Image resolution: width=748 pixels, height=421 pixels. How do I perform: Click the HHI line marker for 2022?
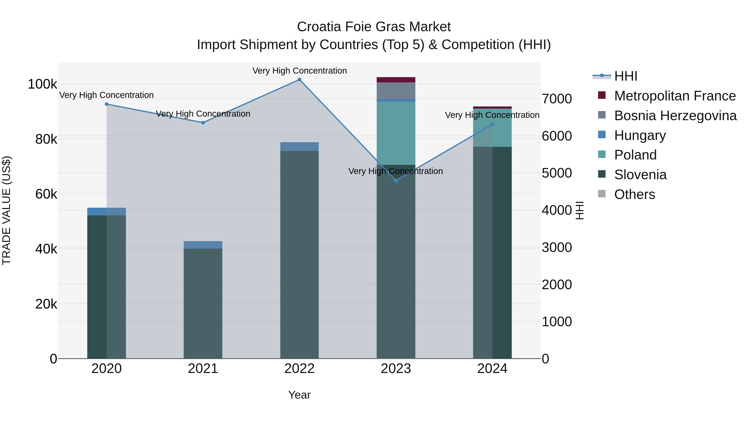[x=299, y=80]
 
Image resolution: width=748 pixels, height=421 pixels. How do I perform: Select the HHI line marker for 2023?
[x=396, y=180]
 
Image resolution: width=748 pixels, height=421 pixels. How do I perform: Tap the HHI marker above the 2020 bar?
[x=107, y=104]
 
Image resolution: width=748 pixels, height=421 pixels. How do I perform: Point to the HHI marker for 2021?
[x=203, y=123]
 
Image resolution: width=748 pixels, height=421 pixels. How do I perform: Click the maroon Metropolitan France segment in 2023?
[x=396, y=80]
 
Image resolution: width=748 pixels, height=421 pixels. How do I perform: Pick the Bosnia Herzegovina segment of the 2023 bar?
[x=396, y=91]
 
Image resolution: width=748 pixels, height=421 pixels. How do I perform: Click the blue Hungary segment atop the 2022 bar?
[x=299, y=146]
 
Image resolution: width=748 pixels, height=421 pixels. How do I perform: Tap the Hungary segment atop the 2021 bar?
[x=203, y=245]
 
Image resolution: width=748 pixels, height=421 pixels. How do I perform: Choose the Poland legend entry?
[x=635, y=155]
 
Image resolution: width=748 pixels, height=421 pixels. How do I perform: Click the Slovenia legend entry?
[x=640, y=175]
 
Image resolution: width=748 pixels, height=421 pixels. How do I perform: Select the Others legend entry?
[x=635, y=194]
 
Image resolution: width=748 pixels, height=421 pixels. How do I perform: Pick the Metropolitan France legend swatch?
[x=602, y=95]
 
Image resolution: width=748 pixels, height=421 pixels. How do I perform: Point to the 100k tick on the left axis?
[x=42, y=84]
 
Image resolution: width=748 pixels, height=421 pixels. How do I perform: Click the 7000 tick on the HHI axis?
[x=557, y=99]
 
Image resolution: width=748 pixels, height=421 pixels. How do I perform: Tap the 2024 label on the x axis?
[x=492, y=369]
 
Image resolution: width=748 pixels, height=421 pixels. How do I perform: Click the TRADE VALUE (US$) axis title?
[x=6, y=210]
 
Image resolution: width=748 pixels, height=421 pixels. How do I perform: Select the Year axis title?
[x=299, y=395]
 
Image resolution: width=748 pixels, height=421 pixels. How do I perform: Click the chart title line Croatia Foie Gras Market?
[x=374, y=27]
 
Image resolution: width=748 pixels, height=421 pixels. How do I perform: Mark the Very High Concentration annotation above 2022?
[x=299, y=71]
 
